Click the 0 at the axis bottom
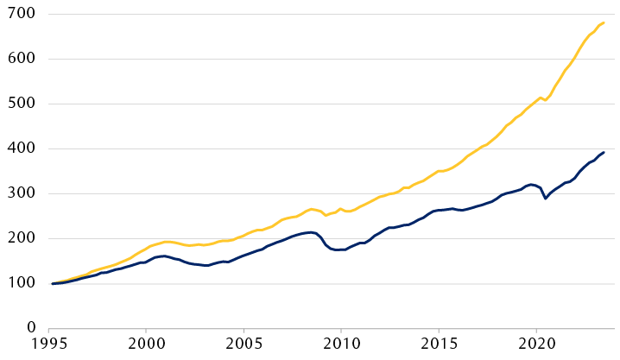point(29,328)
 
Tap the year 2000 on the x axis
point(145,345)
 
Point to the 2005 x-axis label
point(243,345)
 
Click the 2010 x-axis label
point(340,345)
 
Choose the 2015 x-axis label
point(438,345)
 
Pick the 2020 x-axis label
point(535,345)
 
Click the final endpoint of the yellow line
point(604,22)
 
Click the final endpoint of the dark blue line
point(604,152)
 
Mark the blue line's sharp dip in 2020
point(545,199)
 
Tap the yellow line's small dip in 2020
point(545,100)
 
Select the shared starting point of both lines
point(52,283)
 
